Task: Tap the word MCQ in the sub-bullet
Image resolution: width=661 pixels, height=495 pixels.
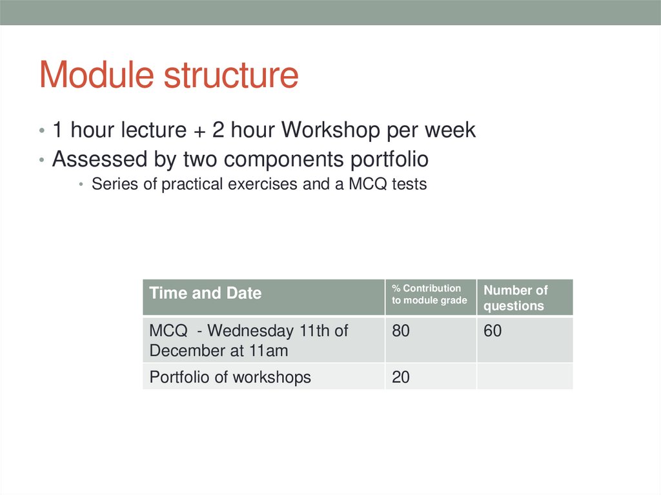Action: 367,185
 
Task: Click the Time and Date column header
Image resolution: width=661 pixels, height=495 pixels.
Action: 205,294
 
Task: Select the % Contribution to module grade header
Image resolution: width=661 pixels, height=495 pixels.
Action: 429,294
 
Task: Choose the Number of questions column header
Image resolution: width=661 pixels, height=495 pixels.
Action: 515,298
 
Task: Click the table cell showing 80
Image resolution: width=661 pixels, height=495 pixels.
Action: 401,332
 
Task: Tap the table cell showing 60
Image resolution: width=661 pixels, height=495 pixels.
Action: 493,332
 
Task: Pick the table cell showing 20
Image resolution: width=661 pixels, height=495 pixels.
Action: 401,378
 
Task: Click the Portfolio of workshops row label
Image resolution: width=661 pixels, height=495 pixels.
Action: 230,378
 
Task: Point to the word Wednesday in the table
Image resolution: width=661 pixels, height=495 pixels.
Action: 250,332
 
